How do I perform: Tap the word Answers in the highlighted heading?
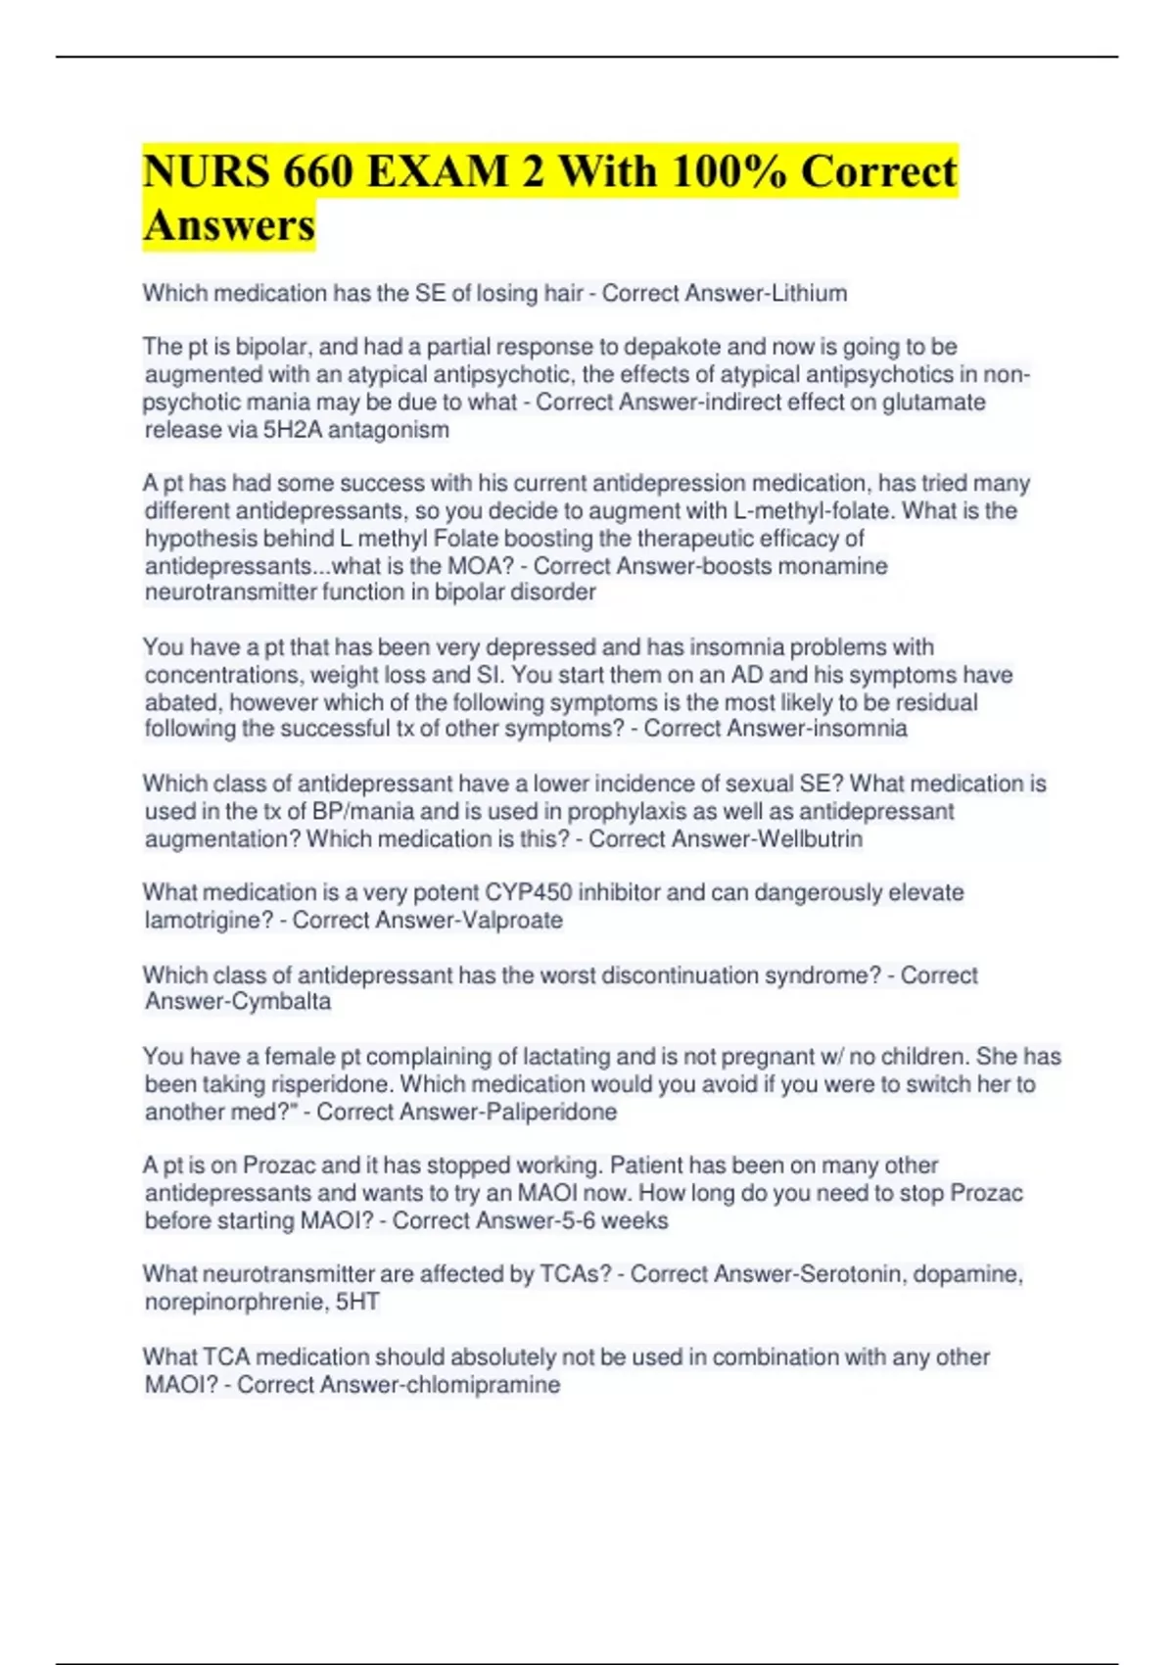229,225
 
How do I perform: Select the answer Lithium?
809,294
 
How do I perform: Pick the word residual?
935,702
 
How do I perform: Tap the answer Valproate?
512,921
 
